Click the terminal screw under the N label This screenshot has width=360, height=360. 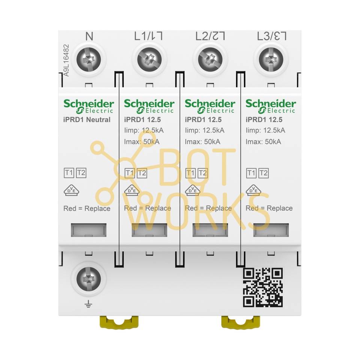89,59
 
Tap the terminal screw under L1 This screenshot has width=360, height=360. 149,59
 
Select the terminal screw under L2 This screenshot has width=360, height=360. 210,59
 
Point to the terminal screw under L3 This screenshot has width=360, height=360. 271,59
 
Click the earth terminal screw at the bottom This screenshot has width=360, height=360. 89,279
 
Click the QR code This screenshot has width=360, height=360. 262,287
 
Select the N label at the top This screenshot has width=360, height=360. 89,36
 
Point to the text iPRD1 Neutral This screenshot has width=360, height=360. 87,120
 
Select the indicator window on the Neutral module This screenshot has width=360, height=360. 88,230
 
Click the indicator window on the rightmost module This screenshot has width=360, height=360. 271,230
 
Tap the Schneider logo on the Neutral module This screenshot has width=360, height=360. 88,106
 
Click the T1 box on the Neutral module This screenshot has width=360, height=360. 69,173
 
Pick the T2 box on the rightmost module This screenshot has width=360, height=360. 264,173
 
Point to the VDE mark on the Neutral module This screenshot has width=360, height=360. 71,190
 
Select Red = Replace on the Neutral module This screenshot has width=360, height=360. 87,208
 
